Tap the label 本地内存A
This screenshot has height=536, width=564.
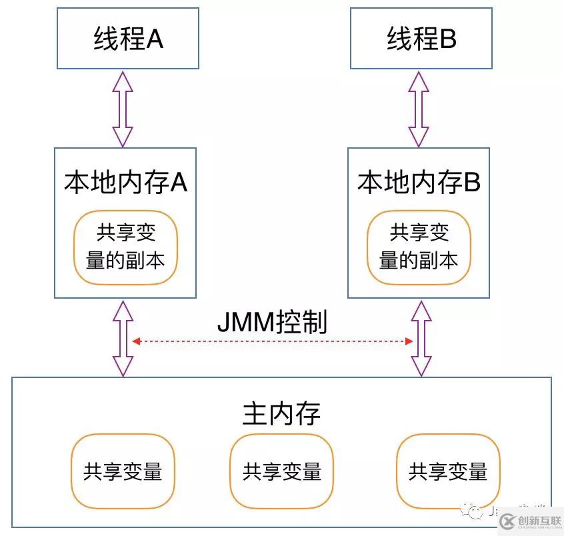click(125, 182)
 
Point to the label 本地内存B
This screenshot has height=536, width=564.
click(419, 182)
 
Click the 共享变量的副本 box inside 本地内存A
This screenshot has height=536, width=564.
click(125, 247)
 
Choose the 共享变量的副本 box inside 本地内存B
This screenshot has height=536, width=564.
click(419, 247)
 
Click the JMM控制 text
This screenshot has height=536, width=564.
click(272, 322)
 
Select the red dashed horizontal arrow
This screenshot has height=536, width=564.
click(272, 341)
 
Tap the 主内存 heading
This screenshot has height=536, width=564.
click(281, 413)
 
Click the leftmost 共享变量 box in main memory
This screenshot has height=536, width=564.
click(123, 471)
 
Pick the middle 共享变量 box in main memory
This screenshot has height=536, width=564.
click(281, 471)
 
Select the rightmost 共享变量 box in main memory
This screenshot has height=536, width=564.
click(447, 471)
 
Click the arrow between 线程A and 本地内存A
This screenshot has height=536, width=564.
click(122, 108)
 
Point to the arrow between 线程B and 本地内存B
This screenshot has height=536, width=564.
click(419, 108)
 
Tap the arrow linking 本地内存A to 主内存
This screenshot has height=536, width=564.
click(122, 339)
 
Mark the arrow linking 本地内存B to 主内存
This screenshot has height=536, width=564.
click(420, 339)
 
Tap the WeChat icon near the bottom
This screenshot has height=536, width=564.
click(476, 511)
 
